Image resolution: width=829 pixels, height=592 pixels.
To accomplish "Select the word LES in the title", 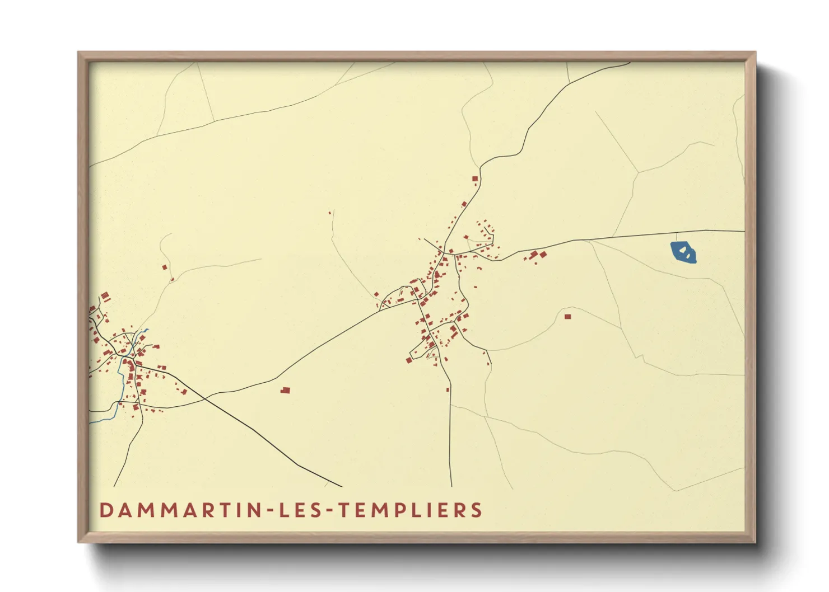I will coord(302,510).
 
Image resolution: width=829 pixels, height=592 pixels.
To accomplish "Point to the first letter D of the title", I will coord(105,510).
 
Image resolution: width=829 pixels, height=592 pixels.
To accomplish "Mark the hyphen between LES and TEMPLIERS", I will coord(329,511).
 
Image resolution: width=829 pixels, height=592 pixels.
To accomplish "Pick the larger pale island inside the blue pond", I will coord(683,251).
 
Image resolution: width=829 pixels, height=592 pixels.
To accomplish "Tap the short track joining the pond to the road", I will coord(677,236).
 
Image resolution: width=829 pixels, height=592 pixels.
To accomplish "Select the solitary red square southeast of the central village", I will coord(567,317).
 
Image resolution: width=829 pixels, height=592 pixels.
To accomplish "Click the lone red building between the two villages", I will coord(286,390).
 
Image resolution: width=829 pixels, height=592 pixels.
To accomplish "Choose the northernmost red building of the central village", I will coord(475,179).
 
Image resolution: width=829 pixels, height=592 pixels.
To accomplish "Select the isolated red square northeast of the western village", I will coord(165,267).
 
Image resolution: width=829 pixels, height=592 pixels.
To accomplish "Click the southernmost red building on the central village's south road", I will coord(448,389).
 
